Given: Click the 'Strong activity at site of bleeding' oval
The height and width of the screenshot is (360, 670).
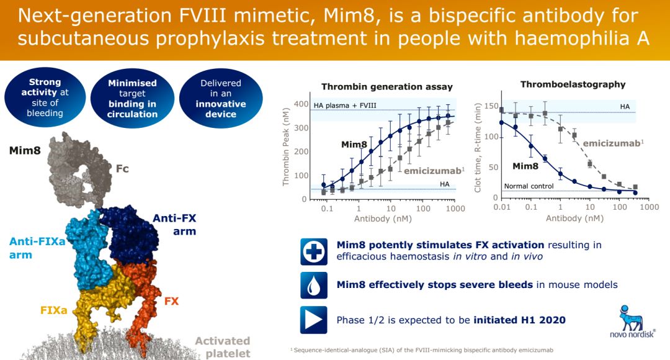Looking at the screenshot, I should pyautogui.click(x=45, y=97).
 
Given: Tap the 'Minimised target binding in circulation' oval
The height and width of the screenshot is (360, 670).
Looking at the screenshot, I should pyautogui.click(x=132, y=98).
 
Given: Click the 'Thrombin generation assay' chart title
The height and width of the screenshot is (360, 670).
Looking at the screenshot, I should pyautogui.click(x=386, y=87).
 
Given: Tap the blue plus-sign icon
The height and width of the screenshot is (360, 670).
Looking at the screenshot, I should pyautogui.click(x=313, y=251).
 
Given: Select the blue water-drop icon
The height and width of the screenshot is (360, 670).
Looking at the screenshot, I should pyautogui.click(x=313, y=285).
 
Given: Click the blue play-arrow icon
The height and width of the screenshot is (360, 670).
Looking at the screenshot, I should pyautogui.click(x=313, y=320).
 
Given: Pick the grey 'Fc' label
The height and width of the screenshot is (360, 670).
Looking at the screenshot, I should pyautogui.click(x=122, y=167).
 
